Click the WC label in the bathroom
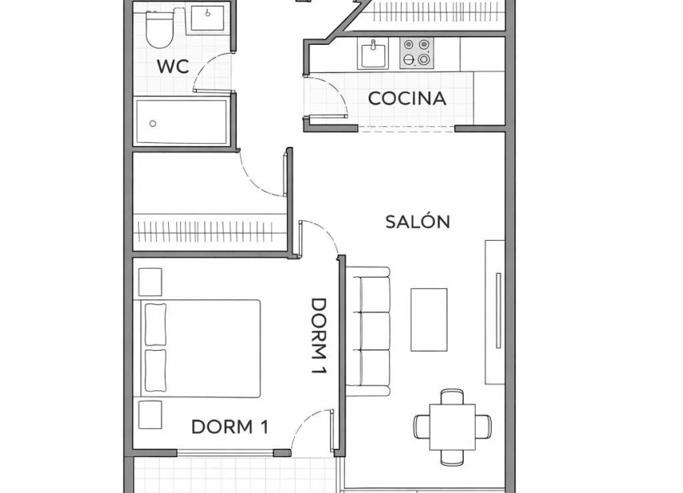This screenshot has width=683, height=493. click(173, 67)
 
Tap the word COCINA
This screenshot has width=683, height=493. click(407, 99)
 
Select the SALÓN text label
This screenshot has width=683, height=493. click(417, 222)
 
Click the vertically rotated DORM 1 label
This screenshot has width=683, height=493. click(321, 338)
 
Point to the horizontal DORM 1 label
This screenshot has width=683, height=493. click(229, 427)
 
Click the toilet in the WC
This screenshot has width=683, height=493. click(159, 30)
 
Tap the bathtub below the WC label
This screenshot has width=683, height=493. click(182, 122)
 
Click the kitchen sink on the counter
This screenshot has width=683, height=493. click(373, 55)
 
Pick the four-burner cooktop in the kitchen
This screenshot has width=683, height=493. click(417, 53)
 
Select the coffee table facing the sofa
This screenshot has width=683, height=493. click(429, 319)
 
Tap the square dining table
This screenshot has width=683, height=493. click(452, 426)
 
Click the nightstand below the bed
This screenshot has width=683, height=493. click(150, 414)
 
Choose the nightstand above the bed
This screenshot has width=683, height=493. click(150, 282)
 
